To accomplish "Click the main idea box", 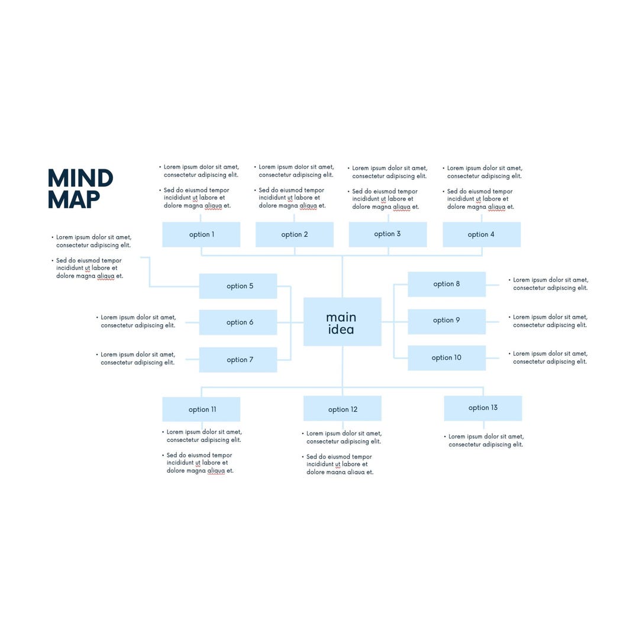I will click(342, 322).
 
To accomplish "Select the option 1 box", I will click(201, 234).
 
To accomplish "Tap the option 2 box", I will click(294, 234).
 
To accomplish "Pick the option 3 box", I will click(388, 234).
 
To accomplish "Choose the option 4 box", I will click(482, 234).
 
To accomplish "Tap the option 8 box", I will click(447, 284).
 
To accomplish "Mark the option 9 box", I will click(447, 321).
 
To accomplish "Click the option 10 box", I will click(447, 358).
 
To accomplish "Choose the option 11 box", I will click(201, 409).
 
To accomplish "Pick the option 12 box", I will click(342, 409).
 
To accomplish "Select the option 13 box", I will click(483, 408).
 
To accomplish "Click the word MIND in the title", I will click(80, 179).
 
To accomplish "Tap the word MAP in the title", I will click(73, 200).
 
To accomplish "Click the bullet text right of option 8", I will click(550, 284).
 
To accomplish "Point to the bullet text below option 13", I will click(485, 441).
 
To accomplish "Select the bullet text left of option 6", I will click(138, 321).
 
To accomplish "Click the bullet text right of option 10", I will click(550, 358).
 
